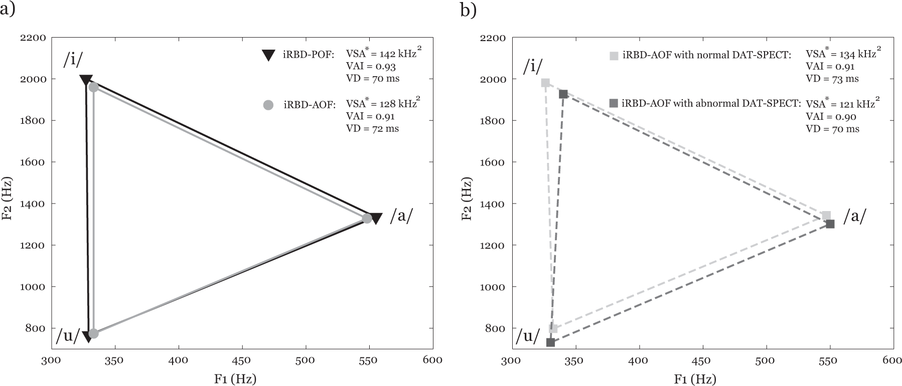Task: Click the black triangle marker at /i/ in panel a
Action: (86, 80)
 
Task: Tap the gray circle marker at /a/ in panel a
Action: (367, 219)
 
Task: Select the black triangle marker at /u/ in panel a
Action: (88, 336)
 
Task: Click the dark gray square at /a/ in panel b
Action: (830, 224)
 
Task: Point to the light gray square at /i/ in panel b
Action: (545, 83)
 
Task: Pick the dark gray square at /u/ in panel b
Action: (550, 342)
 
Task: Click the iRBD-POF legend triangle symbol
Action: (269, 55)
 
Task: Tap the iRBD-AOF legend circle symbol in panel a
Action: (268, 105)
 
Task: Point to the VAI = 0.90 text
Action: (831, 117)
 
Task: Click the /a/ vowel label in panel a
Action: (401, 216)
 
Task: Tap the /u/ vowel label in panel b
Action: (528, 336)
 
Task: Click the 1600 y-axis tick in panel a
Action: (33, 162)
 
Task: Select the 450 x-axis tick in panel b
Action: (702, 360)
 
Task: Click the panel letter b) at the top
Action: (468, 10)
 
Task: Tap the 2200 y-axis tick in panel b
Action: (493, 38)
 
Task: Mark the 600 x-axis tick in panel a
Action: (432, 360)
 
